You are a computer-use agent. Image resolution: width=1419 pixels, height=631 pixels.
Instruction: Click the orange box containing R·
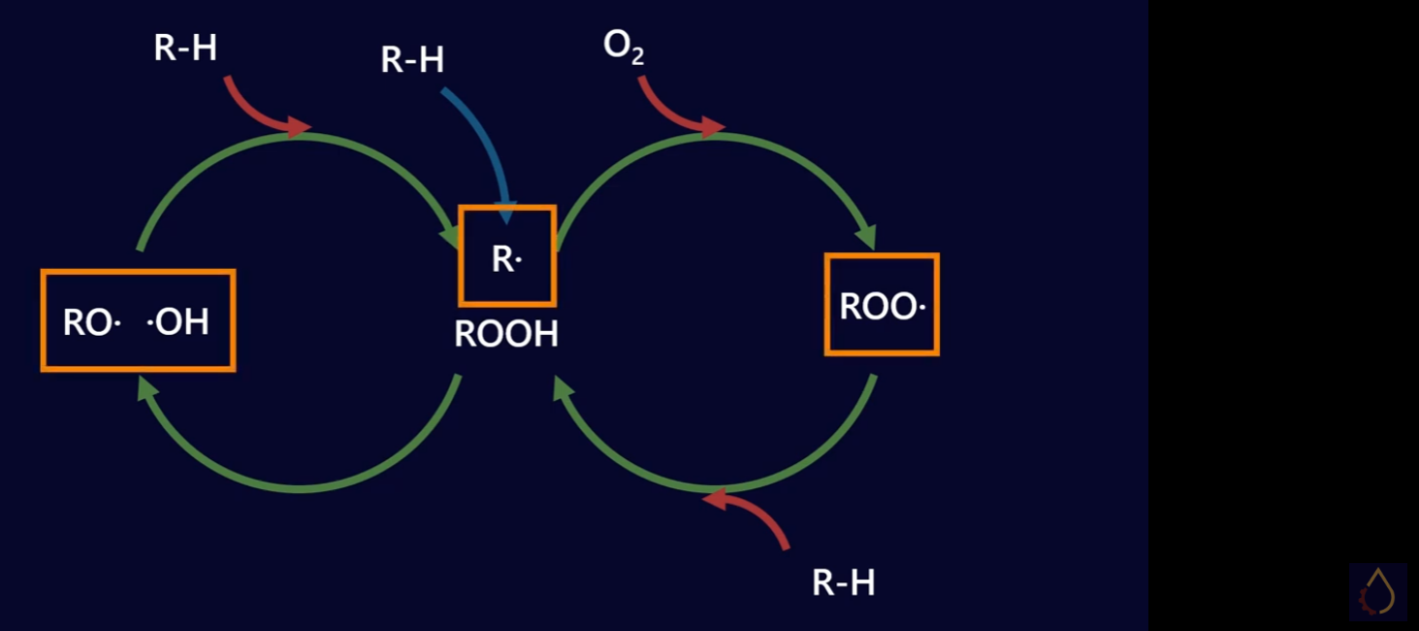click(507, 256)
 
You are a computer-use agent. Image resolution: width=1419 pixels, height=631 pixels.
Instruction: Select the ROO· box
click(882, 305)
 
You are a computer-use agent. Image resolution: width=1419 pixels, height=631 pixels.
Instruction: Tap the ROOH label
click(506, 334)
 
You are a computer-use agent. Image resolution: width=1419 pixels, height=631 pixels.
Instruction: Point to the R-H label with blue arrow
click(412, 60)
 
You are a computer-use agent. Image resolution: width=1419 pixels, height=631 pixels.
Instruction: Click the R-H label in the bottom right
click(843, 582)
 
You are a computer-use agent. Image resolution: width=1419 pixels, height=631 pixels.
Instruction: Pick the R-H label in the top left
click(185, 48)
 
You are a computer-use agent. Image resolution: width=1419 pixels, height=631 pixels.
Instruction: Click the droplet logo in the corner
click(1377, 591)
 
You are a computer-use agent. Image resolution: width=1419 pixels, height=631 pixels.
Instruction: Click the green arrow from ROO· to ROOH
click(718, 485)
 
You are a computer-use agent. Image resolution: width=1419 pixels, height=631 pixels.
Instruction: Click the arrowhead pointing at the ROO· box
click(866, 238)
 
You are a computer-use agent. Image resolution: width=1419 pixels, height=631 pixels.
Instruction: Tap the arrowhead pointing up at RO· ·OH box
click(147, 389)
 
